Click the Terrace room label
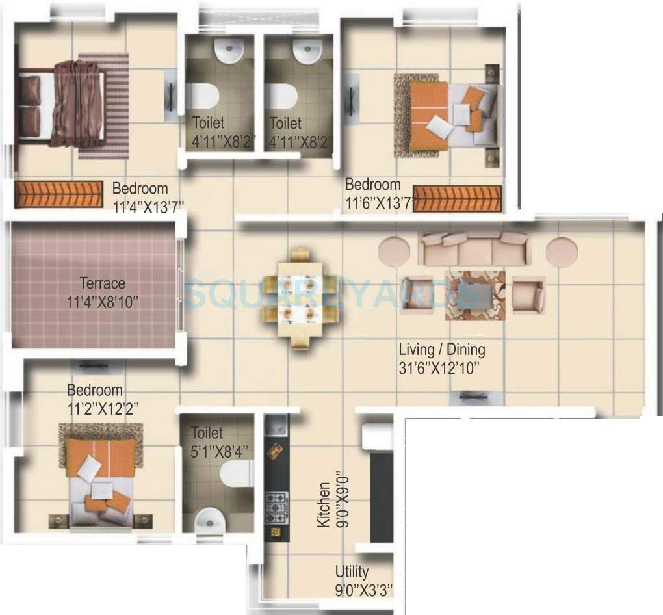tap(102, 283)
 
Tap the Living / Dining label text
tap(441, 349)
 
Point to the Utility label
tap(352, 572)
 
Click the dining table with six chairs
tap(293, 298)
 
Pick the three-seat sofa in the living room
tap(474, 248)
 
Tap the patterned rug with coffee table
tap(474, 295)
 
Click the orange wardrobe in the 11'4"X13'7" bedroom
tap(58, 194)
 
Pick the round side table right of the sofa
tap(562, 252)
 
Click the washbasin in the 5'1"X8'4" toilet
tap(209, 520)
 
